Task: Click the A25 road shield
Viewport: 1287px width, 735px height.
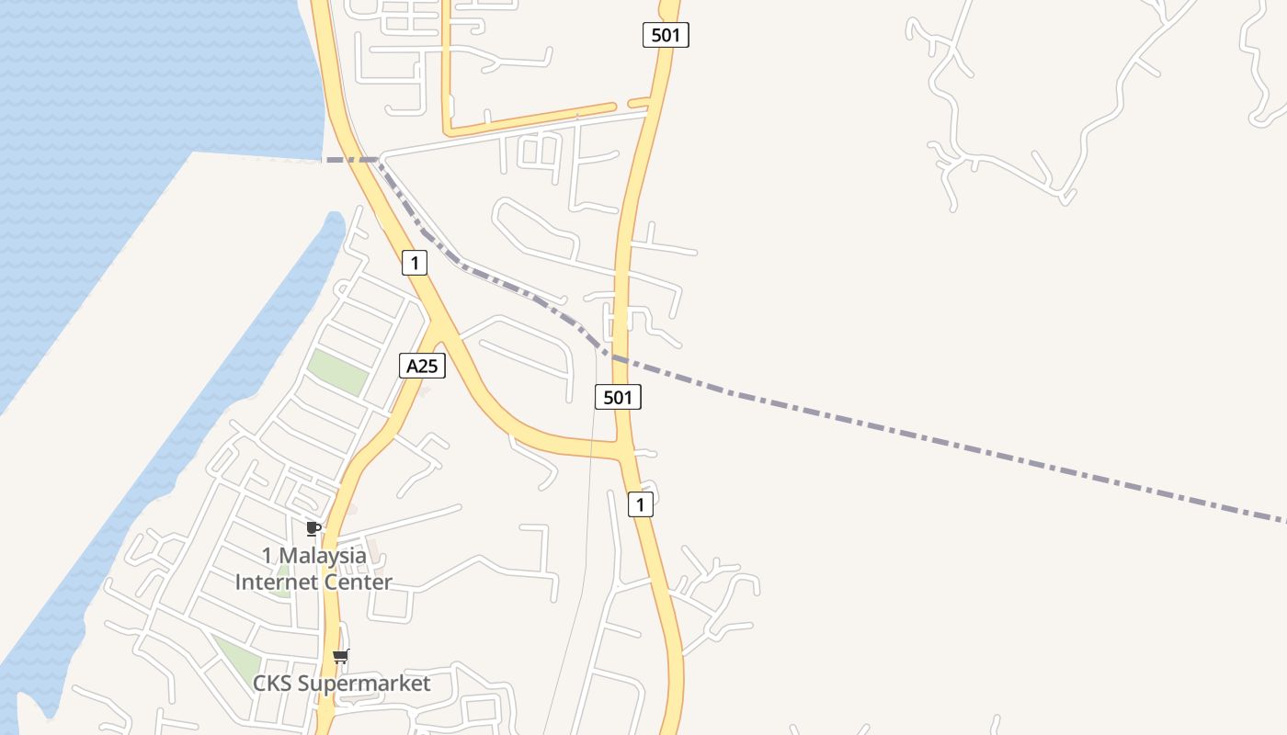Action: click(422, 366)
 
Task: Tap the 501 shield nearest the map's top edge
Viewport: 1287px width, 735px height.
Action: click(665, 35)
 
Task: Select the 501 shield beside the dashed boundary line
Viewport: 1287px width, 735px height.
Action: click(618, 397)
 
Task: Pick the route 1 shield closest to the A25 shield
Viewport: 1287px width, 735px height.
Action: click(415, 264)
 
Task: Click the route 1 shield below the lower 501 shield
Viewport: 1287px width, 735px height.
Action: click(641, 504)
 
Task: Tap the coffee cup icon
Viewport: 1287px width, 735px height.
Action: click(313, 528)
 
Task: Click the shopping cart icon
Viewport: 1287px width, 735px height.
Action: click(341, 656)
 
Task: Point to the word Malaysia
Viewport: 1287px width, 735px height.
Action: click(322, 556)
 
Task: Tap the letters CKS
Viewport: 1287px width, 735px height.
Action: click(273, 684)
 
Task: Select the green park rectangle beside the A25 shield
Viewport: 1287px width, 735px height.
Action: click(337, 372)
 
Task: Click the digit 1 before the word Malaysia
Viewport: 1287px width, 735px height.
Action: click(268, 556)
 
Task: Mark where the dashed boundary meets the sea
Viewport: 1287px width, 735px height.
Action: click(324, 160)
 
